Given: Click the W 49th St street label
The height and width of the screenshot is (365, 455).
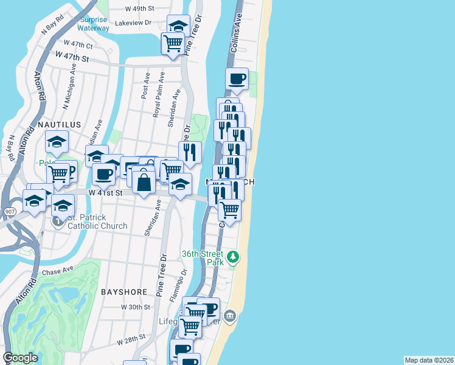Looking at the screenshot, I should (x=139, y=9).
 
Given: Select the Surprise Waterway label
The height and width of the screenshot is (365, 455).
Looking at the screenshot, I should (x=94, y=24).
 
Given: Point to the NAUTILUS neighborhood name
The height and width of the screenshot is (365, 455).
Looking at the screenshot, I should (x=59, y=124).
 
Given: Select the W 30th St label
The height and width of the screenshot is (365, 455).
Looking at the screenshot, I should (x=134, y=307).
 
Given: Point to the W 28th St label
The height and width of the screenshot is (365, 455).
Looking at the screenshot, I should (x=128, y=337).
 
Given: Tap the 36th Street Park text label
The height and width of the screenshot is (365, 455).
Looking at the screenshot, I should (x=203, y=258).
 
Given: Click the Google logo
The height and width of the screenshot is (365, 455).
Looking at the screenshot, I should (x=20, y=358).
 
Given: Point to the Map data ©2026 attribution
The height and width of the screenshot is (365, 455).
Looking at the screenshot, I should (x=429, y=360).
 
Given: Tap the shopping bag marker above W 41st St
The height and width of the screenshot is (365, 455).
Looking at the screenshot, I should (x=144, y=182).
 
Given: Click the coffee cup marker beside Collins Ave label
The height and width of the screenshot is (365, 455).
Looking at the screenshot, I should (x=237, y=78).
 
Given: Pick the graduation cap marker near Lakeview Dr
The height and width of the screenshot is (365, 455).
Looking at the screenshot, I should (x=178, y=26).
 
